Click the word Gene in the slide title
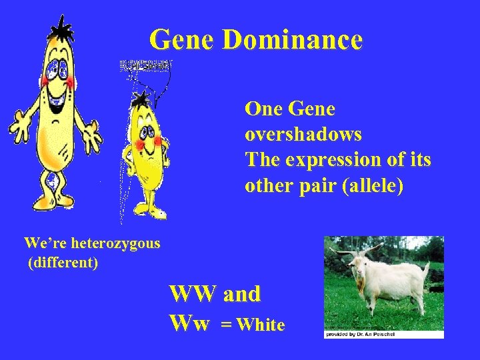[182, 40]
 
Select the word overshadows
[303, 134]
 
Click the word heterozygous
[117, 243]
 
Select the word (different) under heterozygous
[63, 263]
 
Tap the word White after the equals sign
[261, 325]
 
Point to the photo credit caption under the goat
[360, 334]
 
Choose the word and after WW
[242, 293]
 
